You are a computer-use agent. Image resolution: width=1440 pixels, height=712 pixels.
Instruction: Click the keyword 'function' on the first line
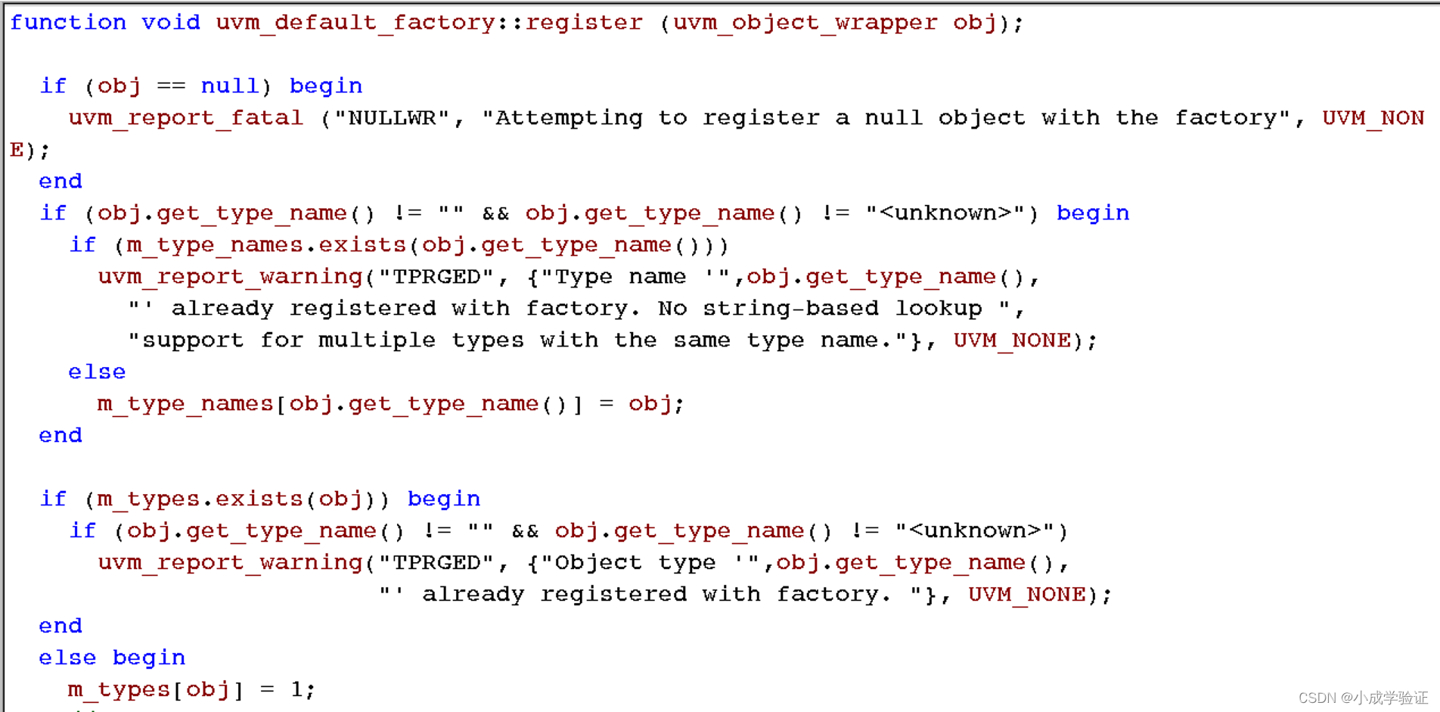[68, 23]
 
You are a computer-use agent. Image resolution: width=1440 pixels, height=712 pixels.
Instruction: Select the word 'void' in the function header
[171, 23]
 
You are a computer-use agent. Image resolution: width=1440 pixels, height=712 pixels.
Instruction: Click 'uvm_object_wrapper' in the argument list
[805, 23]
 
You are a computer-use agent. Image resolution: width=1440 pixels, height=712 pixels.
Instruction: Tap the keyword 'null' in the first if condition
[230, 86]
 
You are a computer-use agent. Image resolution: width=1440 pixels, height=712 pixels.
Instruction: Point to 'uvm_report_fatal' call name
[185, 118]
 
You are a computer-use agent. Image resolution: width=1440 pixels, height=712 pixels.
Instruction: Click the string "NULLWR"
[393, 118]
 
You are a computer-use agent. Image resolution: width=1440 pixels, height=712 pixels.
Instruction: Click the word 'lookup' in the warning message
[939, 309]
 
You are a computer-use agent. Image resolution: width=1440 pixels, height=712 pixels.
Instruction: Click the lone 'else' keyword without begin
[97, 372]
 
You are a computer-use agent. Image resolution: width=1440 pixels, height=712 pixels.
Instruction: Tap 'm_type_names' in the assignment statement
[185, 404]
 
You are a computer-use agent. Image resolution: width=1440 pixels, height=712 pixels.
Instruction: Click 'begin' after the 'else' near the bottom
[149, 658]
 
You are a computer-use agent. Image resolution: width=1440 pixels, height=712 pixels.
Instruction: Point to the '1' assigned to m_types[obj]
[296, 690]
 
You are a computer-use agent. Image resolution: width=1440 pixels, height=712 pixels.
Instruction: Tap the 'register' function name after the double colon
[584, 23]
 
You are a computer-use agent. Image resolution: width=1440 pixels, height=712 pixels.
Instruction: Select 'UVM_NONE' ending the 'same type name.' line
[1012, 340]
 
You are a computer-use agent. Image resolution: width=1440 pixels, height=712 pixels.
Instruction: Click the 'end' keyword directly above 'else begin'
[61, 626]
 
